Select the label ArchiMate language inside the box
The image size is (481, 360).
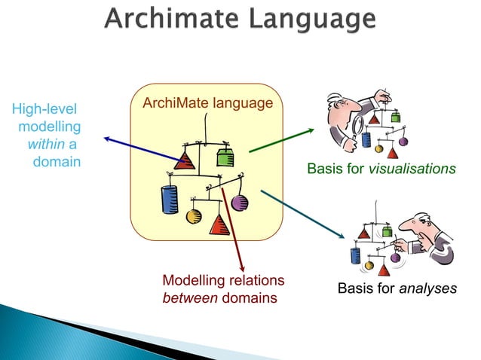click(x=201, y=102)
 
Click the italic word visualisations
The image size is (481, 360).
click(x=412, y=169)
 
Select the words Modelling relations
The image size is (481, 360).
click(x=223, y=281)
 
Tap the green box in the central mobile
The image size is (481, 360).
click(x=225, y=158)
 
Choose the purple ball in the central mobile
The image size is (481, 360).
click(x=240, y=203)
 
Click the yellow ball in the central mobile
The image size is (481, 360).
click(x=194, y=217)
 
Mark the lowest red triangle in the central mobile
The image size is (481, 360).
click(x=219, y=224)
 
